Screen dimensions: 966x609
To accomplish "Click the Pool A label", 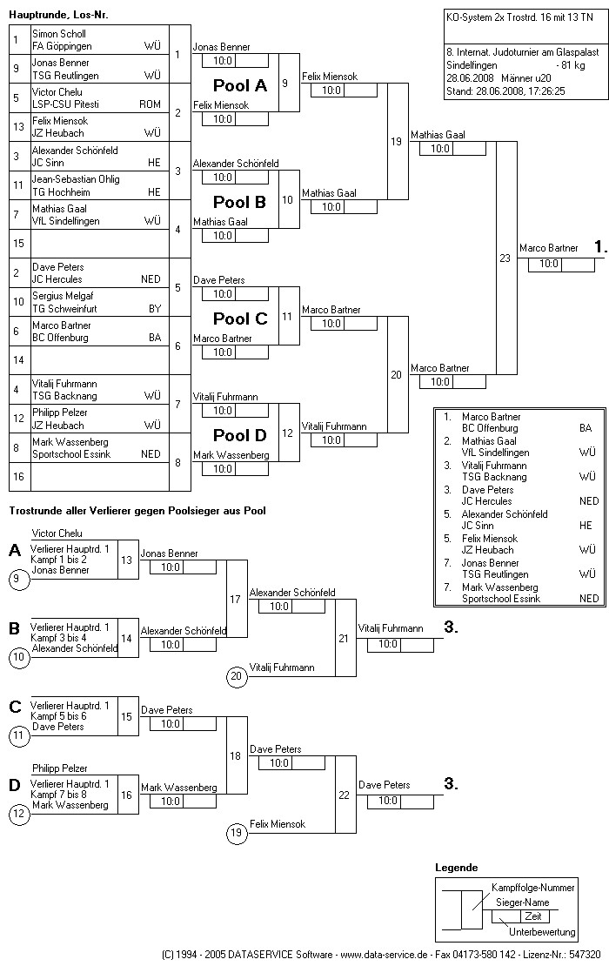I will (240, 85).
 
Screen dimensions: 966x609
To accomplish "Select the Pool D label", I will (240, 435).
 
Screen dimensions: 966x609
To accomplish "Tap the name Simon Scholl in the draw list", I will (59, 34).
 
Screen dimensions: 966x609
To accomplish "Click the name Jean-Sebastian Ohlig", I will (76, 179).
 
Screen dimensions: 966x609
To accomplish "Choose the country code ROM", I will (150, 104).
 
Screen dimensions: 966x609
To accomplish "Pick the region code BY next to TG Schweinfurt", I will (154, 308).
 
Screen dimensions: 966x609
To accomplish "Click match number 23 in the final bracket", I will (505, 258).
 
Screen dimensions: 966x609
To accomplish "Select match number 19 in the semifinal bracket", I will (396, 141).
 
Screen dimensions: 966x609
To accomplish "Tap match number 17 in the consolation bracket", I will (236, 600).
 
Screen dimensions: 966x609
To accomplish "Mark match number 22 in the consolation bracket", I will (344, 795).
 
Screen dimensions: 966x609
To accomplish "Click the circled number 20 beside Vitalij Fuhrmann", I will (237, 676).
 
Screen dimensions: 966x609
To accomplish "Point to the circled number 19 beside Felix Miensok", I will (237, 834).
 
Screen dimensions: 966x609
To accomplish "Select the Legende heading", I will (457, 869).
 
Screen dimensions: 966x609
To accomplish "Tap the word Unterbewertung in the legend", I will (541, 932).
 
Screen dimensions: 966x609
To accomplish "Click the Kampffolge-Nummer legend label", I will (532, 888).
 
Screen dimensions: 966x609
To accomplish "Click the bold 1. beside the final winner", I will (599, 248).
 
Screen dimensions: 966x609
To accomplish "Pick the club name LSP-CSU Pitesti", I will (66, 104).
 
